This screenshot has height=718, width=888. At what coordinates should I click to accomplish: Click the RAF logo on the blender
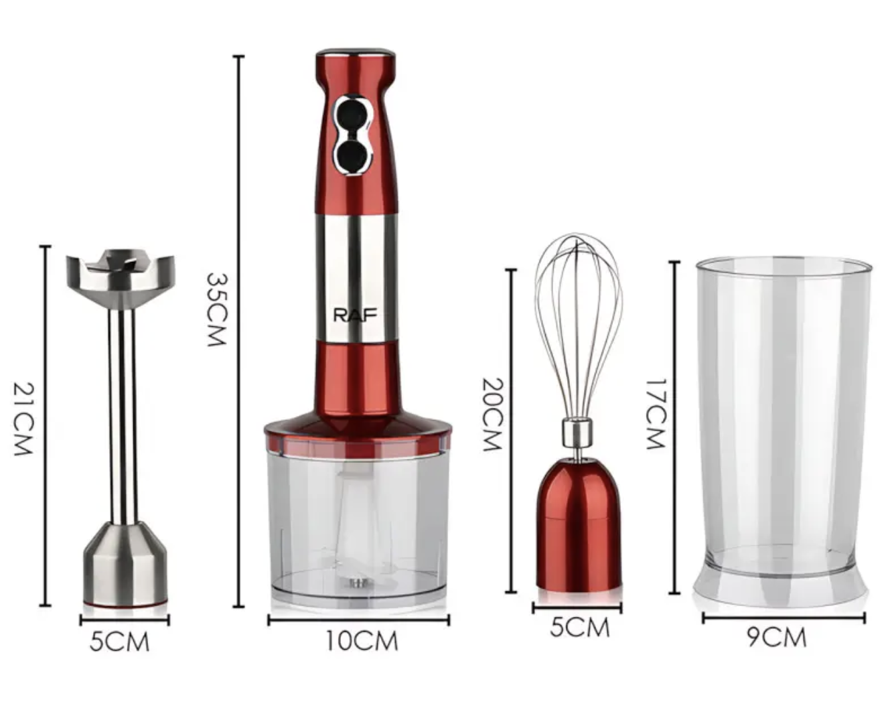[355, 315]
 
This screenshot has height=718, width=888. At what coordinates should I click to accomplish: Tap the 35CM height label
[217, 309]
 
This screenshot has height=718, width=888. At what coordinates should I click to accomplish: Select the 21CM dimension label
[23, 419]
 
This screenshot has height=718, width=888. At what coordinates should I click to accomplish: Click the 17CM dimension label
[656, 413]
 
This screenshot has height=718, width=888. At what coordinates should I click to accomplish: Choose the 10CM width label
[362, 641]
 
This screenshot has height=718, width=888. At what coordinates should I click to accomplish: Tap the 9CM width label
[777, 638]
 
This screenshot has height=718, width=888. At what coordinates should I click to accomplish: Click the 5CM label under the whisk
[579, 628]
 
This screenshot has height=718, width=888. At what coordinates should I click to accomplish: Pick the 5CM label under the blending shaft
[119, 642]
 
